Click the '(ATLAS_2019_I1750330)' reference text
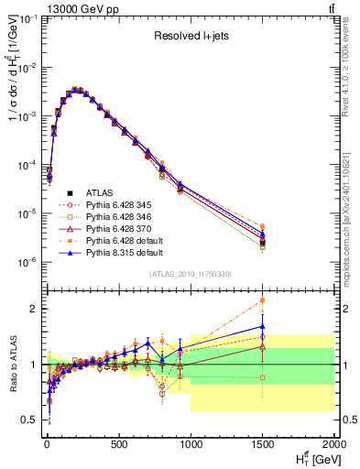click(189, 274)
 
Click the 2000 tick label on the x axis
click(336, 445)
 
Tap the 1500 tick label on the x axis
click(263, 445)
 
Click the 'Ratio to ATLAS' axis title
click(12, 365)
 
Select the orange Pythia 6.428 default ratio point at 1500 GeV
click(263, 300)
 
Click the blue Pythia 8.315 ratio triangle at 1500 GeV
click(263, 325)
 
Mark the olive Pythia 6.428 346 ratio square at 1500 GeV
click(263, 377)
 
